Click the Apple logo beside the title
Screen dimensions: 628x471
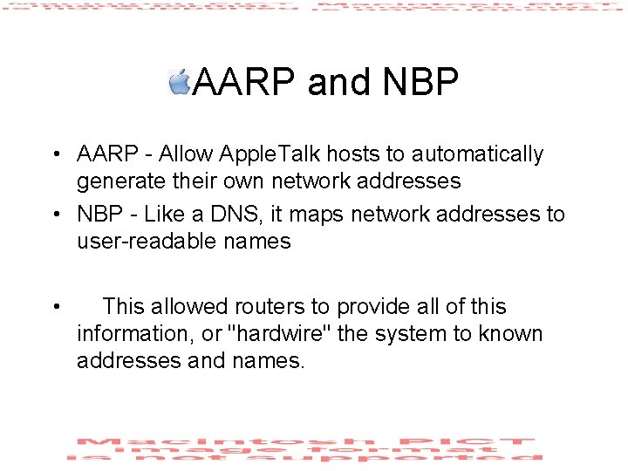180,82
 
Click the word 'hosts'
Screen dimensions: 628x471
352,154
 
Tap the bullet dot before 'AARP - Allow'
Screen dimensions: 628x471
55,155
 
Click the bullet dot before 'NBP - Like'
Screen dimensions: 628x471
55,215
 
